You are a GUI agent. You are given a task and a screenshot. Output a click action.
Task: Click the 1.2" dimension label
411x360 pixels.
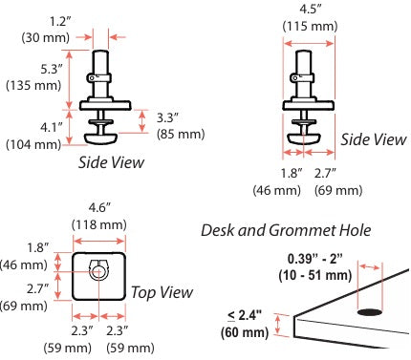[x=60, y=22]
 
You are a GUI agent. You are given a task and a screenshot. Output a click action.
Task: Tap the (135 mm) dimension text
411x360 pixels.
[x=33, y=86]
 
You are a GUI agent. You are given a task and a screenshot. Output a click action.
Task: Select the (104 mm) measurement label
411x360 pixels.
[x=33, y=145]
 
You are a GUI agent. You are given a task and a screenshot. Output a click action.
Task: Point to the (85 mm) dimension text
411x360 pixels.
[x=181, y=134]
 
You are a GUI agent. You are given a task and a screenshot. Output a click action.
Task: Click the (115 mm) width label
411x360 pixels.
[x=310, y=26]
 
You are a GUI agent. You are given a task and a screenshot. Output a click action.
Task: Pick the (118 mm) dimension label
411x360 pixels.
[x=99, y=225]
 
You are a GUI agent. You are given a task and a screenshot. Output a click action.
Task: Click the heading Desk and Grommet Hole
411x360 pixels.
[x=286, y=230]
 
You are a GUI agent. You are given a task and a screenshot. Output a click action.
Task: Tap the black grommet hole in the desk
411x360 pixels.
[x=370, y=312]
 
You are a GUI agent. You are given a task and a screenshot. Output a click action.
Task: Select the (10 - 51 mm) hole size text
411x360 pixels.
[x=315, y=275]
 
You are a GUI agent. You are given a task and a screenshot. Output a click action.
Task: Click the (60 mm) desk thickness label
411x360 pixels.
[x=245, y=332]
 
